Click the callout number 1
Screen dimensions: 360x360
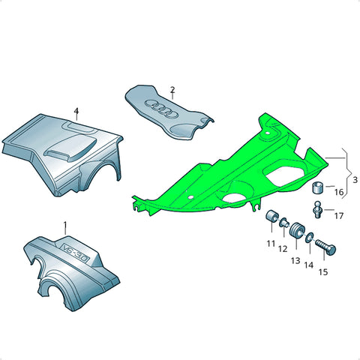65,226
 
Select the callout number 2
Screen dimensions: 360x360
172,90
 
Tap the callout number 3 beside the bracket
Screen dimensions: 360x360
355,180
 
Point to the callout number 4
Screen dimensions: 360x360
76,111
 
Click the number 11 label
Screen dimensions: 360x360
271,243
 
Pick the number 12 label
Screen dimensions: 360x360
283,249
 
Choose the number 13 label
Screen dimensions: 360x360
295,261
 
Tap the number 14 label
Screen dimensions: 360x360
309,265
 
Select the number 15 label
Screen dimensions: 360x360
323,272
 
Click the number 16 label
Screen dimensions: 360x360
339,192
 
